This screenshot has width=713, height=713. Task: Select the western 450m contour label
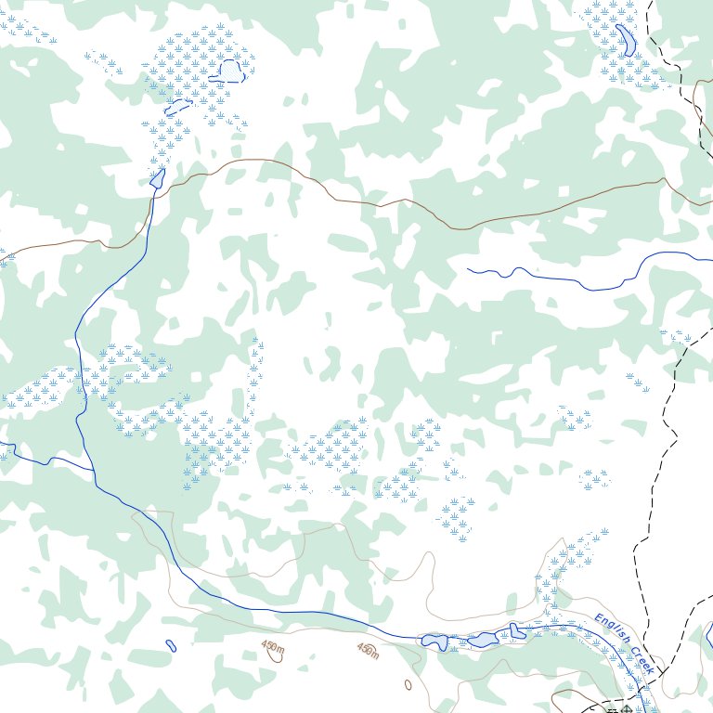pyautogui.click(x=273, y=645)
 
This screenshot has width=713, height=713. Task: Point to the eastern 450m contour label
pyautogui.click(x=368, y=652)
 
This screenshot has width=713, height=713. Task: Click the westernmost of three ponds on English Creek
pyautogui.click(x=434, y=641)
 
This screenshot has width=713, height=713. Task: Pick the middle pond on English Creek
pyautogui.click(x=483, y=640)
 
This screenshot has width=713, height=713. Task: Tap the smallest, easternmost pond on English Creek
pyautogui.click(x=516, y=631)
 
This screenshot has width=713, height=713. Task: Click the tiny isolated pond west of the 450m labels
pyautogui.click(x=171, y=645)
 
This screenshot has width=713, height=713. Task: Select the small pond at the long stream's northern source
pyautogui.click(x=157, y=178)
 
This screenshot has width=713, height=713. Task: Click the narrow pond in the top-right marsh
pyautogui.click(x=626, y=40)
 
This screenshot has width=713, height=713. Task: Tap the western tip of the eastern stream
pyautogui.click(x=468, y=270)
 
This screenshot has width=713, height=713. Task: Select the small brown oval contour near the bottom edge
pyautogui.click(x=408, y=685)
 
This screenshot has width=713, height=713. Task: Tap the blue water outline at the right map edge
pyautogui.click(x=709, y=637)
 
